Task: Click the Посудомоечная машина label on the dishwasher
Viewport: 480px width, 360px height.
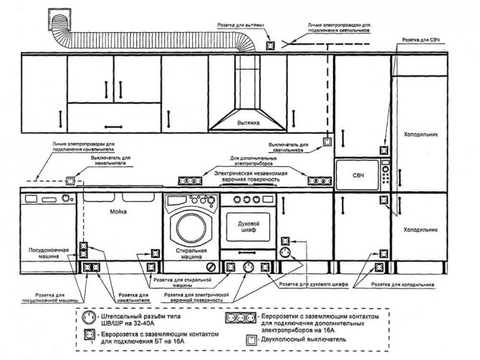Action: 49,255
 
